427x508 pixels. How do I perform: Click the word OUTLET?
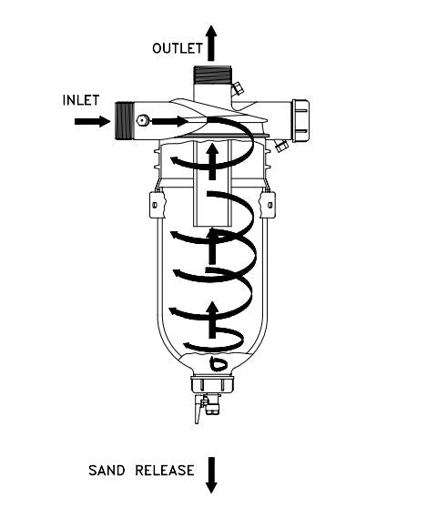(178, 48)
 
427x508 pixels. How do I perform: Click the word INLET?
(81, 100)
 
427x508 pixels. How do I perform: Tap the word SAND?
(107, 471)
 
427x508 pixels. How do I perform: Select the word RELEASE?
(165, 471)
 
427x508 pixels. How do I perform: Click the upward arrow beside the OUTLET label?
(211, 43)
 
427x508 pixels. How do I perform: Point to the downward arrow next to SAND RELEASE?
(211, 475)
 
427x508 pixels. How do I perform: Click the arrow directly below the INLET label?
(93, 121)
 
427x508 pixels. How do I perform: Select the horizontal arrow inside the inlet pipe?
(169, 121)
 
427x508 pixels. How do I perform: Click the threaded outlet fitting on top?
(212, 74)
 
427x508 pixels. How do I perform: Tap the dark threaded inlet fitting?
(125, 120)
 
